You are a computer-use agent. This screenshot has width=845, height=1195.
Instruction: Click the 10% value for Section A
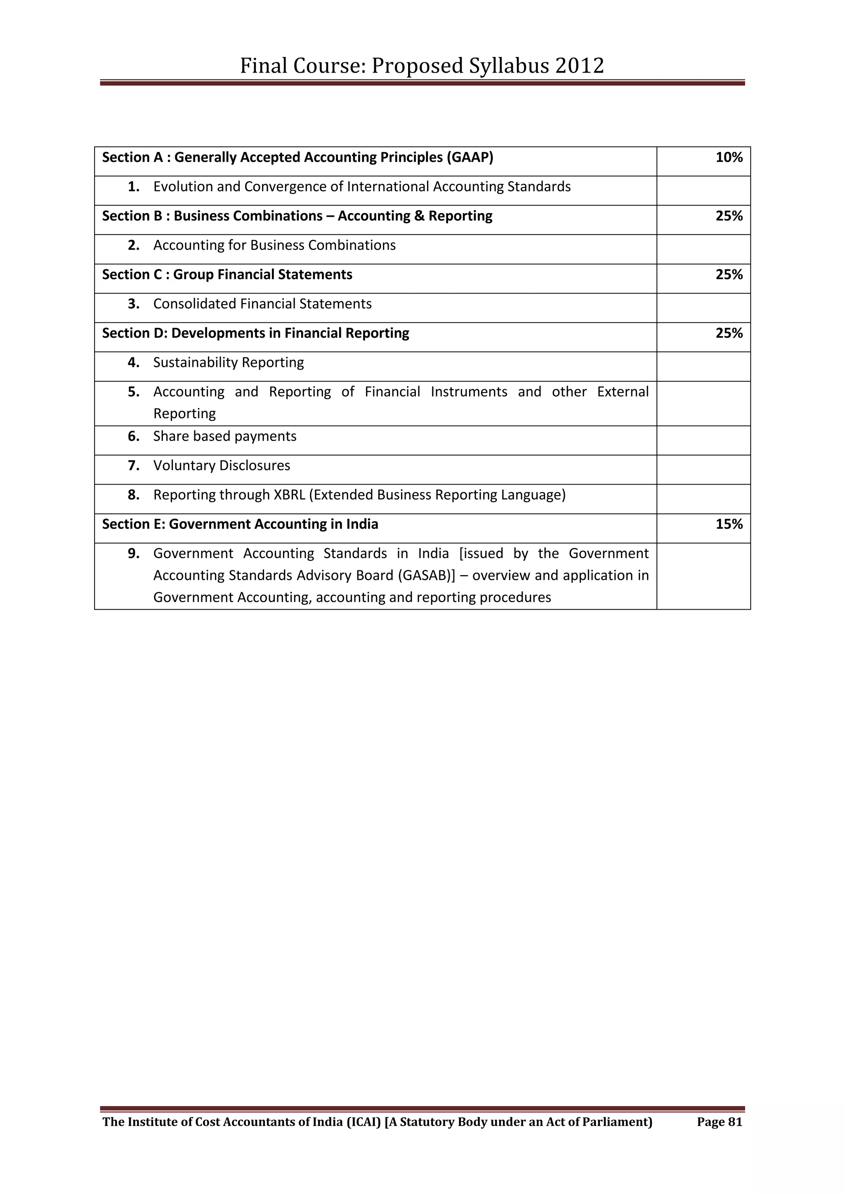point(729,158)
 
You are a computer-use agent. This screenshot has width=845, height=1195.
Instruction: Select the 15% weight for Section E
point(729,524)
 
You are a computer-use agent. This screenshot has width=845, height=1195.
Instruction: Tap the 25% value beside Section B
point(729,216)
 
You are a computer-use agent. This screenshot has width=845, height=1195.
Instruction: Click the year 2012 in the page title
point(579,66)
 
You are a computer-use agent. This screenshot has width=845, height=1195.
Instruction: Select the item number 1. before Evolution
point(134,187)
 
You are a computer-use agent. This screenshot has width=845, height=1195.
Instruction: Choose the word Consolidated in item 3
point(195,304)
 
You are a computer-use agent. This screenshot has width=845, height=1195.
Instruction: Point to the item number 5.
point(134,392)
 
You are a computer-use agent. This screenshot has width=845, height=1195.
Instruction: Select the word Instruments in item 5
point(468,392)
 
